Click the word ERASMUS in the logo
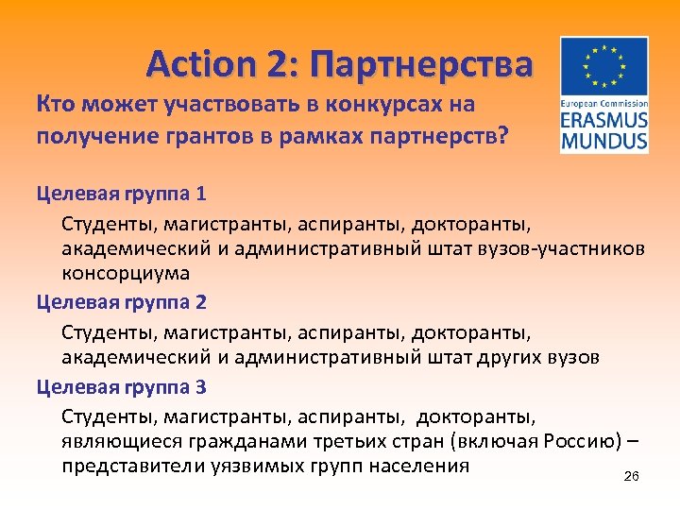603,122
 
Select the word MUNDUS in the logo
603,142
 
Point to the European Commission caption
603,103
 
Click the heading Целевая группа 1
121,194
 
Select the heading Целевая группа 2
121,303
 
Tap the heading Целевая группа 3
121,387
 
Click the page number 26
632,478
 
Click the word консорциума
126,274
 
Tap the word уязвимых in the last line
269,467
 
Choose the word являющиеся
114,441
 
